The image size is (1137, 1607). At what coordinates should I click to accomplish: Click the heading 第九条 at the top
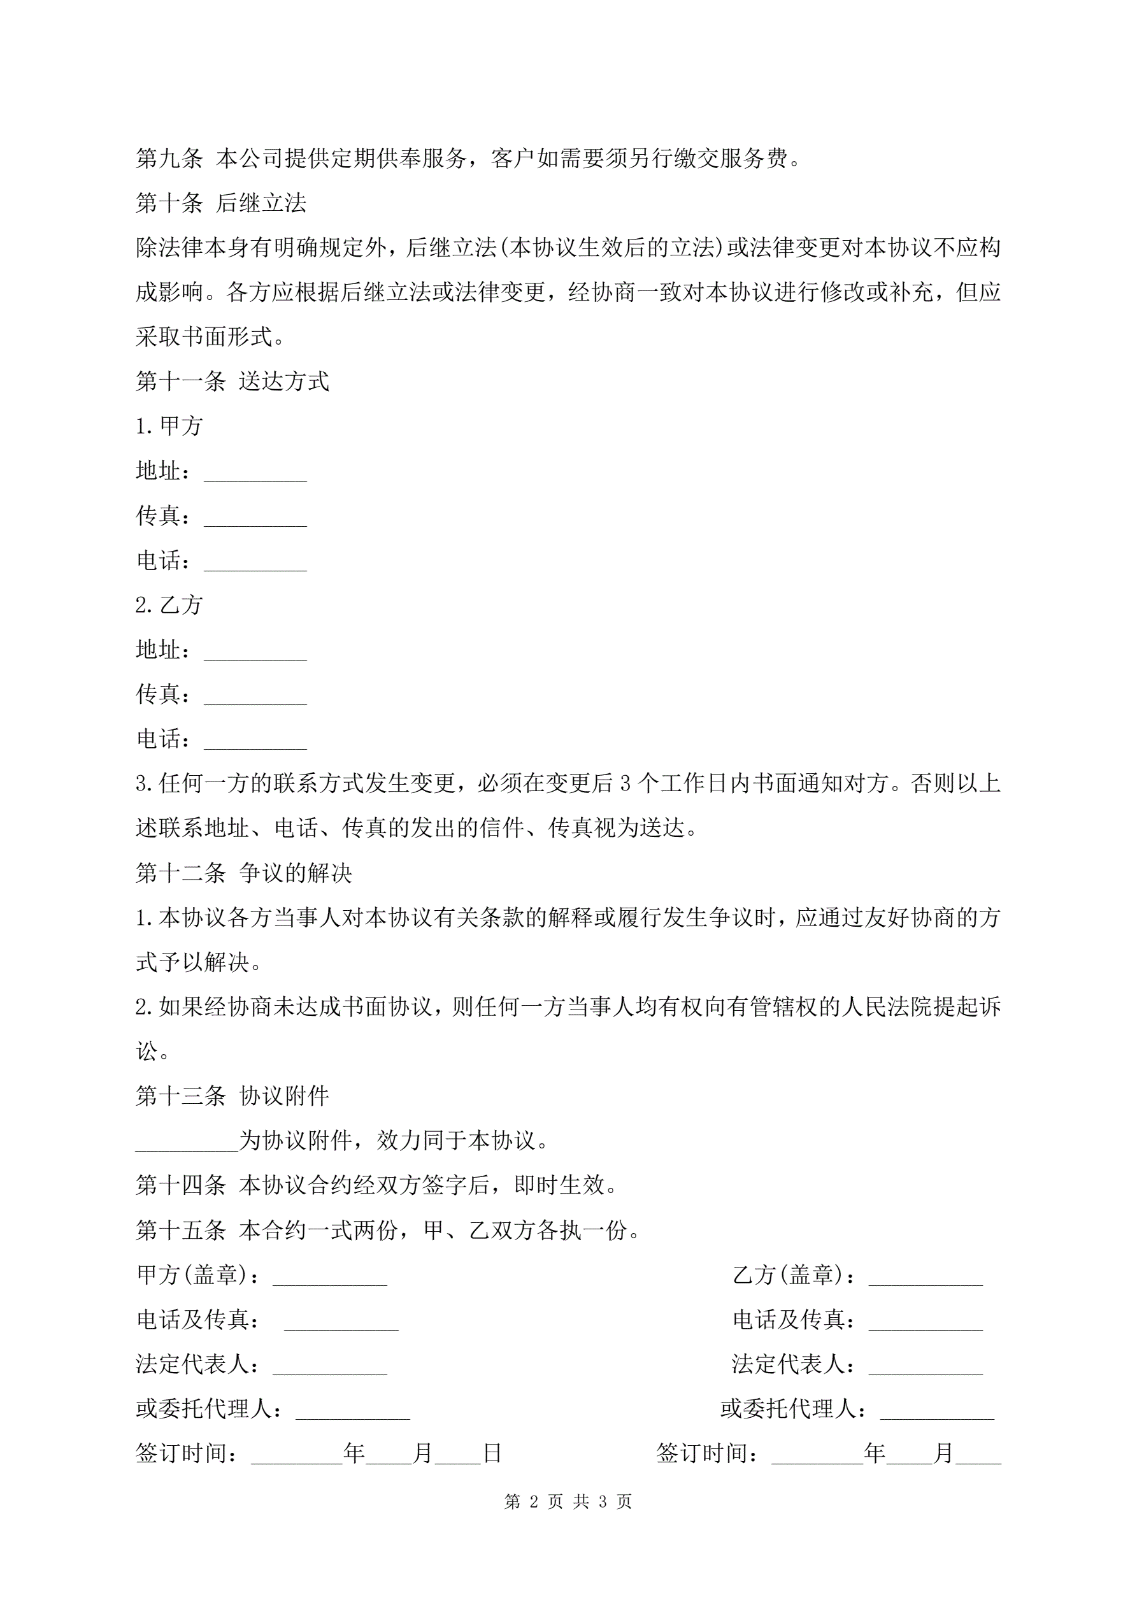click(169, 158)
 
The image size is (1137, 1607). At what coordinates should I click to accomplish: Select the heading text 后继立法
click(261, 203)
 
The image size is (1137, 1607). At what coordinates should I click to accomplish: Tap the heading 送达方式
click(283, 382)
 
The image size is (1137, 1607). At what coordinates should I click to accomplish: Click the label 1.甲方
click(169, 425)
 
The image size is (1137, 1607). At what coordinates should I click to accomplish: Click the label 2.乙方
click(169, 604)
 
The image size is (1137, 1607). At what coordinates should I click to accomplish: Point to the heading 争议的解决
click(295, 873)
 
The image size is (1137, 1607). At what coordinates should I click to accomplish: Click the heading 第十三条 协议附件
click(232, 1096)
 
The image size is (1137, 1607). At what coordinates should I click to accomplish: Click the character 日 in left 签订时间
click(492, 1453)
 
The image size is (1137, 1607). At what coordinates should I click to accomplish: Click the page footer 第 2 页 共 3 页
click(568, 1501)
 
